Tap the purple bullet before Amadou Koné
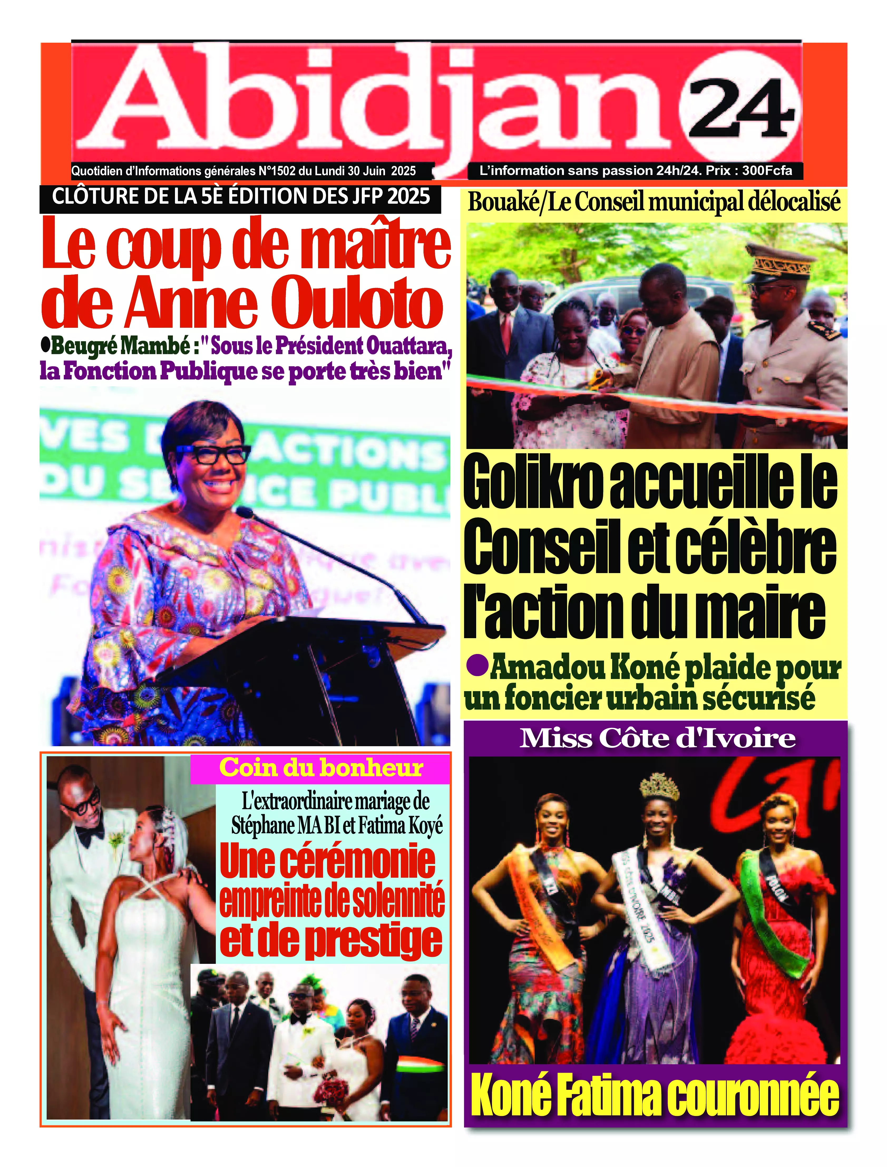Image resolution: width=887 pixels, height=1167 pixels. tap(477, 666)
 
